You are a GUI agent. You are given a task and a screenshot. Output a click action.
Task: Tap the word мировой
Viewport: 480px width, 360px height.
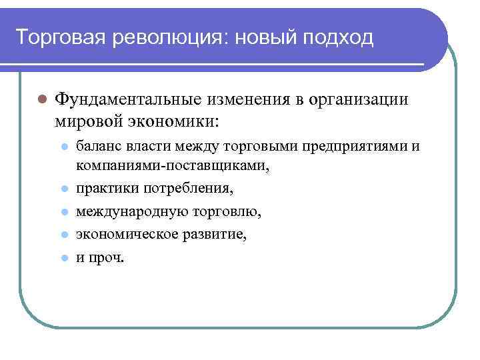[83, 121]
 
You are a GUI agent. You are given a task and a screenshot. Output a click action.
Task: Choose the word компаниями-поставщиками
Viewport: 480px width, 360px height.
[172, 165]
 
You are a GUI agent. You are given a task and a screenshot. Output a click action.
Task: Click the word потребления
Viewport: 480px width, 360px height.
[193, 189]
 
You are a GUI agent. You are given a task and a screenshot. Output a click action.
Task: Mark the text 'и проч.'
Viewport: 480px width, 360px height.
[100, 258]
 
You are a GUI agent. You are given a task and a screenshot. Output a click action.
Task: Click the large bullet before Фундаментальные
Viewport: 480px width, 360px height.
[41, 100]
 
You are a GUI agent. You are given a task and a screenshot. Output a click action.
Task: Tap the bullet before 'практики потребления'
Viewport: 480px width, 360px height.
[63, 189]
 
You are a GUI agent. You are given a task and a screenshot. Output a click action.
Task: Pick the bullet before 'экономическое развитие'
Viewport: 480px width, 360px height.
[63, 235]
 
